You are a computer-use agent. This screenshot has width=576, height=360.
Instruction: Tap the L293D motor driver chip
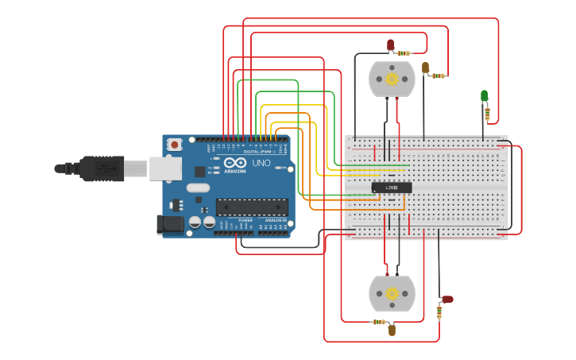[x=391, y=187]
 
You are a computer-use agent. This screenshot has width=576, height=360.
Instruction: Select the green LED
[x=484, y=96]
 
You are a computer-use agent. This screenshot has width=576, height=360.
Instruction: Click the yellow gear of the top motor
[x=392, y=79]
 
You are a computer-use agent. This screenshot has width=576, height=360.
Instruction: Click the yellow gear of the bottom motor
[x=392, y=293]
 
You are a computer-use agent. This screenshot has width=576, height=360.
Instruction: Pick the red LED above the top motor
[x=390, y=45]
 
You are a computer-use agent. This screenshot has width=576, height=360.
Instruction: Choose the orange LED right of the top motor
[x=425, y=68]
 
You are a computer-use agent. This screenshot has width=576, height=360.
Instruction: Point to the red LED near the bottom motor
[x=446, y=300]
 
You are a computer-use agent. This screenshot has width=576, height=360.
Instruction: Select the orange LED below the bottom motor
[x=392, y=330]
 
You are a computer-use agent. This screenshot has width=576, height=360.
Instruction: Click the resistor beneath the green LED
[x=487, y=113]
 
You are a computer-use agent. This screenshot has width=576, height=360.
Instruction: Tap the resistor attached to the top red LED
[x=404, y=53]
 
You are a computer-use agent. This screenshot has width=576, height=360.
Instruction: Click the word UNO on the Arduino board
[x=261, y=164]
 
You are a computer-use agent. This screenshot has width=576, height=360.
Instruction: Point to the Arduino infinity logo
[x=235, y=165]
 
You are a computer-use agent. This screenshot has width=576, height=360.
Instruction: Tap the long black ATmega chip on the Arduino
[x=252, y=207]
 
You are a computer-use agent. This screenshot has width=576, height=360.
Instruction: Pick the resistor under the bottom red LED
[x=439, y=312]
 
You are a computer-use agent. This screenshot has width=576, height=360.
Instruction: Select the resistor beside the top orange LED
[x=438, y=75]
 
